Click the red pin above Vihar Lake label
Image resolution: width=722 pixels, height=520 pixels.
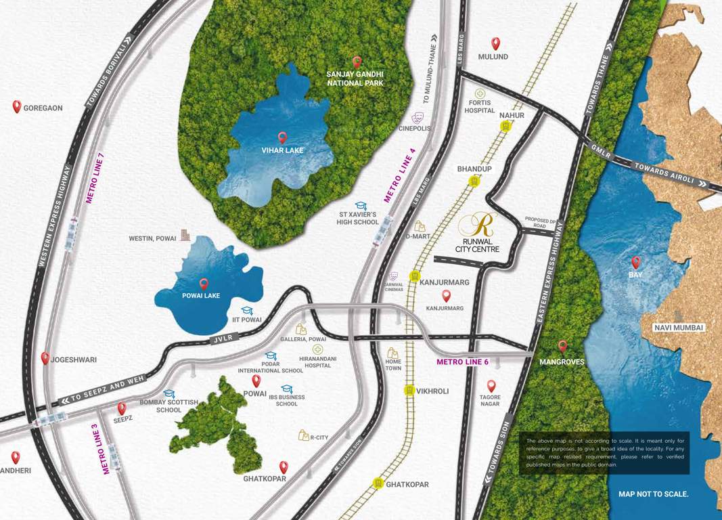(282, 137)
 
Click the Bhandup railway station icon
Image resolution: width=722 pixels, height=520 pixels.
(474, 181)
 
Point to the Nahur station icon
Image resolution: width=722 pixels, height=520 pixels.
(505, 126)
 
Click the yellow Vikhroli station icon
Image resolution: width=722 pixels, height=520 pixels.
(409, 391)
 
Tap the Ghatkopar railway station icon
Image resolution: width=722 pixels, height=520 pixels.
(378, 483)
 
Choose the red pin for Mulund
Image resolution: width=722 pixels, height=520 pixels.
(495, 44)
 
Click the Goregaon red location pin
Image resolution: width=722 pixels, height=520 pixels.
(17, 106)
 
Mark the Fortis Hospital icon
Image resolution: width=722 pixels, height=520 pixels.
(480, 93)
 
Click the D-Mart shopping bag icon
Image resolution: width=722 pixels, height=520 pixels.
(420, 226)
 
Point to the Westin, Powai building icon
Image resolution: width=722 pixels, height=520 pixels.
(185, 236)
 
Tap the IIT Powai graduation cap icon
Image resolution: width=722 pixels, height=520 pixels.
(247, 311)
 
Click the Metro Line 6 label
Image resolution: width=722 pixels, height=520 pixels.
(462, 362)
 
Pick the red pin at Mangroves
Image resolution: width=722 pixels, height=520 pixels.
(562, 346)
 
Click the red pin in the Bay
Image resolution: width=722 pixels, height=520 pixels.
(635, 262)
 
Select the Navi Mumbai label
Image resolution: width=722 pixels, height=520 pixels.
(679, 328)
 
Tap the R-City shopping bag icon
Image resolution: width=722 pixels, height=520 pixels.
(304, 435)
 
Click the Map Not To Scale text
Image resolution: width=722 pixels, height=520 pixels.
(653, 494)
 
